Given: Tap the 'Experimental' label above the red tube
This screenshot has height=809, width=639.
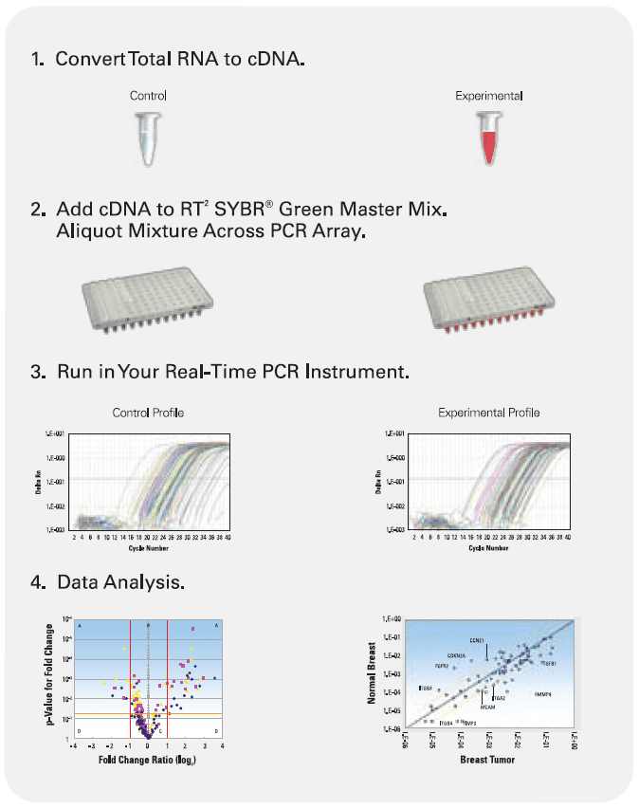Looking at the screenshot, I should (x=488, y=96).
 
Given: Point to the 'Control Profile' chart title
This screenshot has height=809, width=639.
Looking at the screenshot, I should (x=148, y=413).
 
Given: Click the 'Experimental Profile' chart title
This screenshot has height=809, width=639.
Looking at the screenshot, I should (x=488, y=413).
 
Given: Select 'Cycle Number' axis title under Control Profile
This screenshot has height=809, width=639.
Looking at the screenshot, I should (x=149, y=548).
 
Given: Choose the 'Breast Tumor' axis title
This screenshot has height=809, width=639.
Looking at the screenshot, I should (x=488, y=760).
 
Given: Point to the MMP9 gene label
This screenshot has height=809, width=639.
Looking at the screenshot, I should (x=542, y=695).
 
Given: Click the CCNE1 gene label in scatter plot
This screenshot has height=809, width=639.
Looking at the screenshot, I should (x=477, y=640).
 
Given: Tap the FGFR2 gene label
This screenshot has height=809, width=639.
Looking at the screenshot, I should (x=442, y=666).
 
